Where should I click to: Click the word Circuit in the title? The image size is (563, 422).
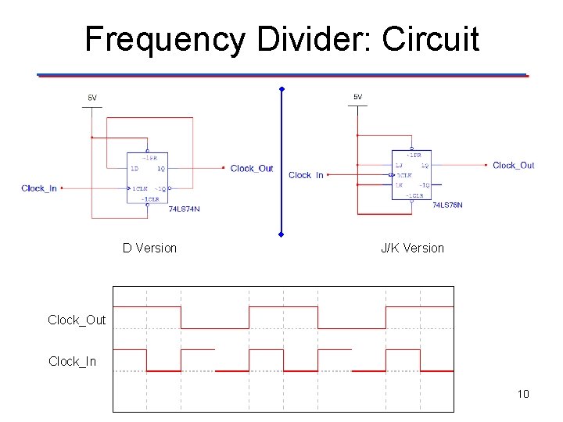(431, 38)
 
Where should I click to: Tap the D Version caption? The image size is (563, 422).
(149, 248)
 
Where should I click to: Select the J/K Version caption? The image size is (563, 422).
(412, 248)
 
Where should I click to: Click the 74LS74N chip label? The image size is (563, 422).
(185, 208)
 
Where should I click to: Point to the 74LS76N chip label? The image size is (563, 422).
(447, 205)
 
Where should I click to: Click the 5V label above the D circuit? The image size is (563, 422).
(92, 98)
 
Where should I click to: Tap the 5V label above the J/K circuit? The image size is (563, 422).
(357, 97)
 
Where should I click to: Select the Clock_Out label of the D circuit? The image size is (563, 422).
(252, 168)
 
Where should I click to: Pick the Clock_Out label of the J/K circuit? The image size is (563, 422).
(514, 165)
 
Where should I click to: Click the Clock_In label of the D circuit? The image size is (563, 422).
(39, 188)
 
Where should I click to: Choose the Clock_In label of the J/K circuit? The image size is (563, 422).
(306, 175)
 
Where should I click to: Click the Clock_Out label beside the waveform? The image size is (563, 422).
(77, 320)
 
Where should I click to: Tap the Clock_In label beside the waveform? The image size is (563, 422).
(73, 361)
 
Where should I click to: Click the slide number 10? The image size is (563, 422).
(523, 393)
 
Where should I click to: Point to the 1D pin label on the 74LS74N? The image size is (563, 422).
(134, 169)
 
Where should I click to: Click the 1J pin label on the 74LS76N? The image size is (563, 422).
(399, 166)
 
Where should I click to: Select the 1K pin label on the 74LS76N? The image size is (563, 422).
(399, 184)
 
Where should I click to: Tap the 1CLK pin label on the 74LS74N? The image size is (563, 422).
(139, 188)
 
